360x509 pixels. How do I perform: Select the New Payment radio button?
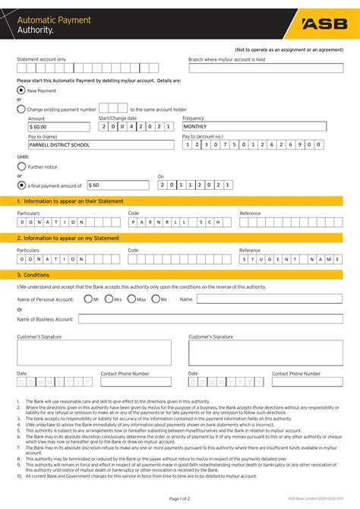coord(21,90)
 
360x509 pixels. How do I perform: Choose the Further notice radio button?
coord(21,165)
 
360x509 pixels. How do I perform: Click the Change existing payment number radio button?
coord(21,109)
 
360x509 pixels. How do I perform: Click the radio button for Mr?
coord(87,299)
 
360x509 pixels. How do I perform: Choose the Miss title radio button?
coord(131,299)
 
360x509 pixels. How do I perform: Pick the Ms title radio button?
coord(155,299)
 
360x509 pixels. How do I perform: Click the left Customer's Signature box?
coord(95,353)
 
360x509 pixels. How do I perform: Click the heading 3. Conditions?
coord(33,275)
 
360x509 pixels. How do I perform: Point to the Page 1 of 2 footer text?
coord(180,498)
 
